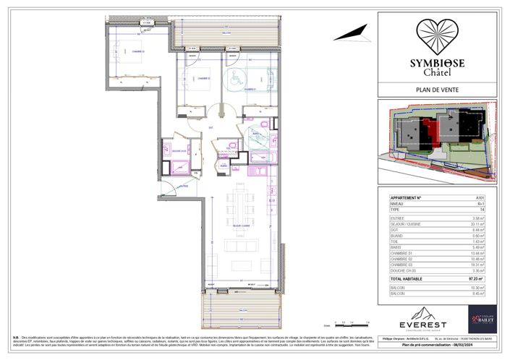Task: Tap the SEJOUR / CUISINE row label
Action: [407, 224]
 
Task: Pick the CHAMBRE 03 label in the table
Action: [404, 265]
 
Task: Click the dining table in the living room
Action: [239, 205]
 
